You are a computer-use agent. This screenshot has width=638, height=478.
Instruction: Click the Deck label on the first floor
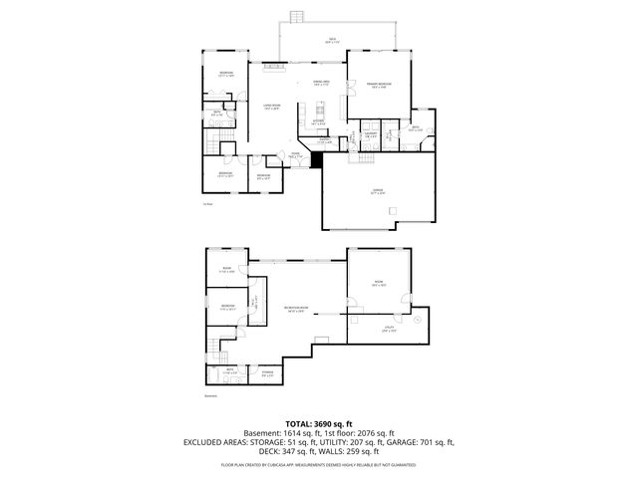[x=332, y=41]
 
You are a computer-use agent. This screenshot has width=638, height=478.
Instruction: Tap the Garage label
[x=378, y=191]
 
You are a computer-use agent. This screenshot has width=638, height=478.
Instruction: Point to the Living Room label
[x=270, y=107]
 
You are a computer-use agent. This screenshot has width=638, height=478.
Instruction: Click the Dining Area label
[x=321, y=83]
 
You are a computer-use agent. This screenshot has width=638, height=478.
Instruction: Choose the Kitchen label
[x=318, y=121]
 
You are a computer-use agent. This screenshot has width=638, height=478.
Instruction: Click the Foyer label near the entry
[x=295, y=155]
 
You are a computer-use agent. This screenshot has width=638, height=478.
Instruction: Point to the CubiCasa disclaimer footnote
[x=319, y=464]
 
